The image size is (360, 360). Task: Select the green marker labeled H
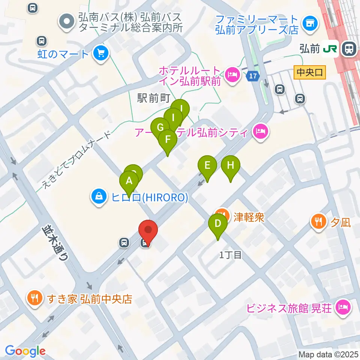[231, 165]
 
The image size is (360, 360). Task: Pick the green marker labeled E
[207, 165]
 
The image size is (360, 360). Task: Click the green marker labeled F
[168, 140]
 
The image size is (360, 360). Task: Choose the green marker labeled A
[129, 181]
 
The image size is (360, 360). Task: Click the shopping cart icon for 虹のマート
[100, 53]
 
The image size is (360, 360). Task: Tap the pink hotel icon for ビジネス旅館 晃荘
[343, 308]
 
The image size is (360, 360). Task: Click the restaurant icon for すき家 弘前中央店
[36, 299]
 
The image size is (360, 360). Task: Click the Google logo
[25, 351]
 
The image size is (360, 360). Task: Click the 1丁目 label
[231, 255]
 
